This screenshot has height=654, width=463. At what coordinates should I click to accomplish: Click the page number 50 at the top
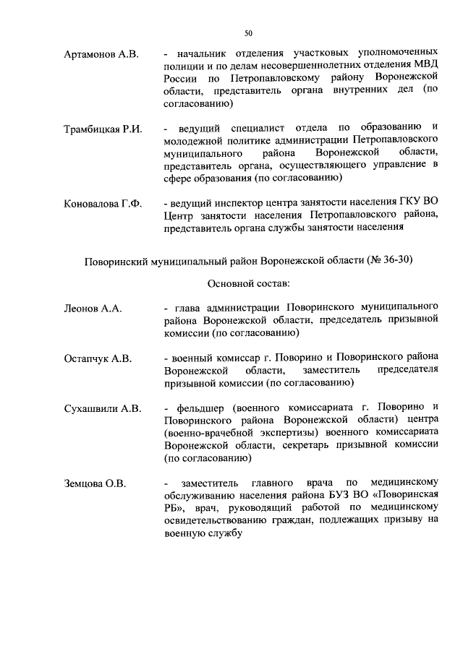pyautogui.click(x=248, y=33)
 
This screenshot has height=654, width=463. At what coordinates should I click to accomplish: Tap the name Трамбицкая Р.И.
pyautogui.click(x=102, y=129)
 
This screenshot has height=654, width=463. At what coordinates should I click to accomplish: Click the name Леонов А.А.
pyautogui.click(x=93, y=309)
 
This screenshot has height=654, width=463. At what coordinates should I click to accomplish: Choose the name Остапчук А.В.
pyautogui.click(x=96, y=358)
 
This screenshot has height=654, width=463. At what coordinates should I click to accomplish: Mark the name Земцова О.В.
pyautogui.click(x=95, y=483)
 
